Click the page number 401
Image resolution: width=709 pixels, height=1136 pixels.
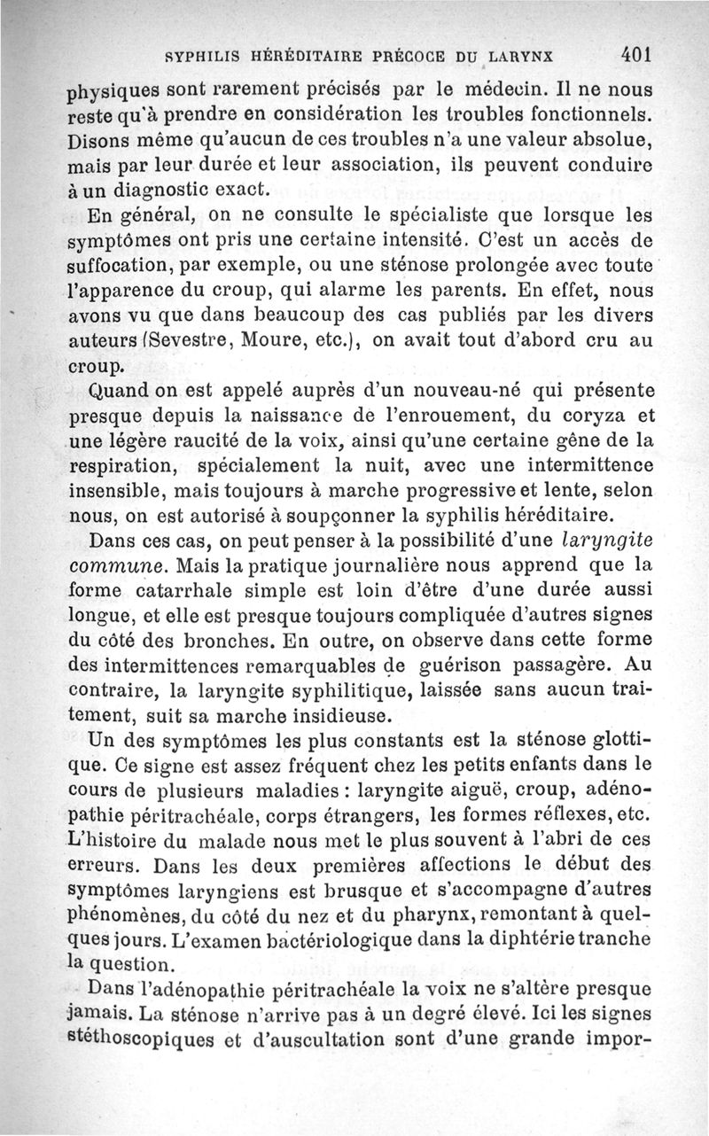coord(636,53)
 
